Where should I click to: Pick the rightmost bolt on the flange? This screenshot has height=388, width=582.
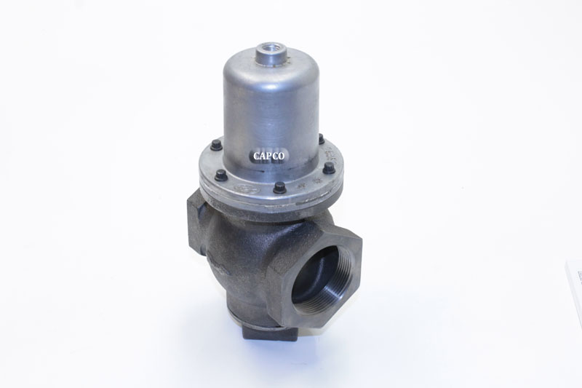click(x=329, y=168)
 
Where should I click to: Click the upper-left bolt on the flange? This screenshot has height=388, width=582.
click(x=216, y=146)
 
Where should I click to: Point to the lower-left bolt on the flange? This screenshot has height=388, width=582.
click(x=220, y=175)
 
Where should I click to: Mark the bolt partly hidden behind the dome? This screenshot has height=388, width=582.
click(x=320, y=139)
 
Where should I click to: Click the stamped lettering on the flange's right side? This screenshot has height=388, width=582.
click(x=332, y=154)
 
